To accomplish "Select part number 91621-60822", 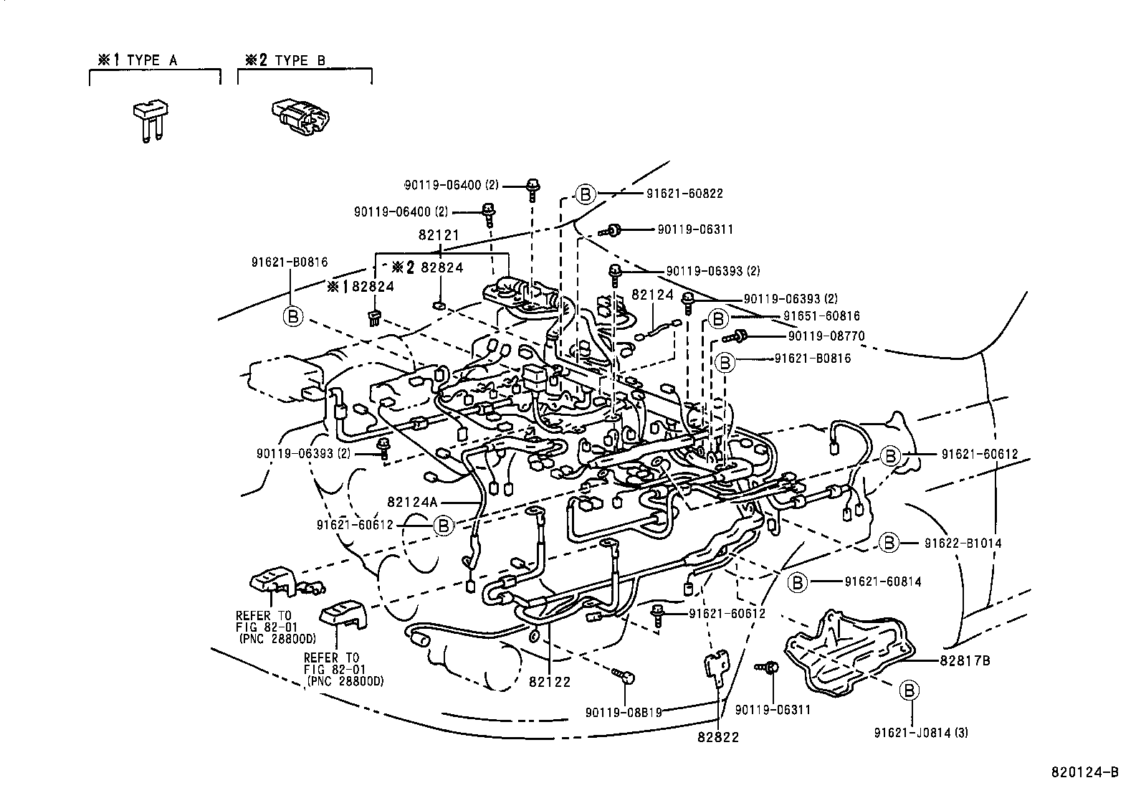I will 684,194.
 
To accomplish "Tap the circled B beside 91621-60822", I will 586,194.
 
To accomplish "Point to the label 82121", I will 439,235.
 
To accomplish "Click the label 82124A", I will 412,502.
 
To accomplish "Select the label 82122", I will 550,681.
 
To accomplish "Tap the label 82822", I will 718,736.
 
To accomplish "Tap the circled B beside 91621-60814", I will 798,582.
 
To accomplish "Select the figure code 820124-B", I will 1084,772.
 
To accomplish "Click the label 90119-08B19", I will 622,712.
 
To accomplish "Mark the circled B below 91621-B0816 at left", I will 293,316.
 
